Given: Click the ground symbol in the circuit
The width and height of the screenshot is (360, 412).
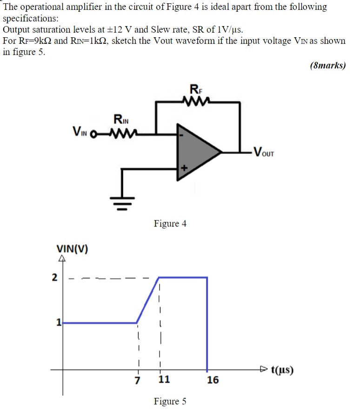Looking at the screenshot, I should click(x=122, y=203).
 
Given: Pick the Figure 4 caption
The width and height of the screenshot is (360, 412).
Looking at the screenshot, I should click(x=170, y=224).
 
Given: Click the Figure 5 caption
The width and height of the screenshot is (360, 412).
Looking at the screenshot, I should click(x=170, y=401).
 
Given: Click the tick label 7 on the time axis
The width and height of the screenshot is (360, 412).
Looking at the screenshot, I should click(x=137, y=379).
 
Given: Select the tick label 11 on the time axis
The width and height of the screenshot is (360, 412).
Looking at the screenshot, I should click(x=164, y=379).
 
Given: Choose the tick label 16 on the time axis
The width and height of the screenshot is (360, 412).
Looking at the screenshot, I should click(x=213, y=380).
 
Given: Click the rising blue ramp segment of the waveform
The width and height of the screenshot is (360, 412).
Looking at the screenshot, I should click(x=148, y=300).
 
